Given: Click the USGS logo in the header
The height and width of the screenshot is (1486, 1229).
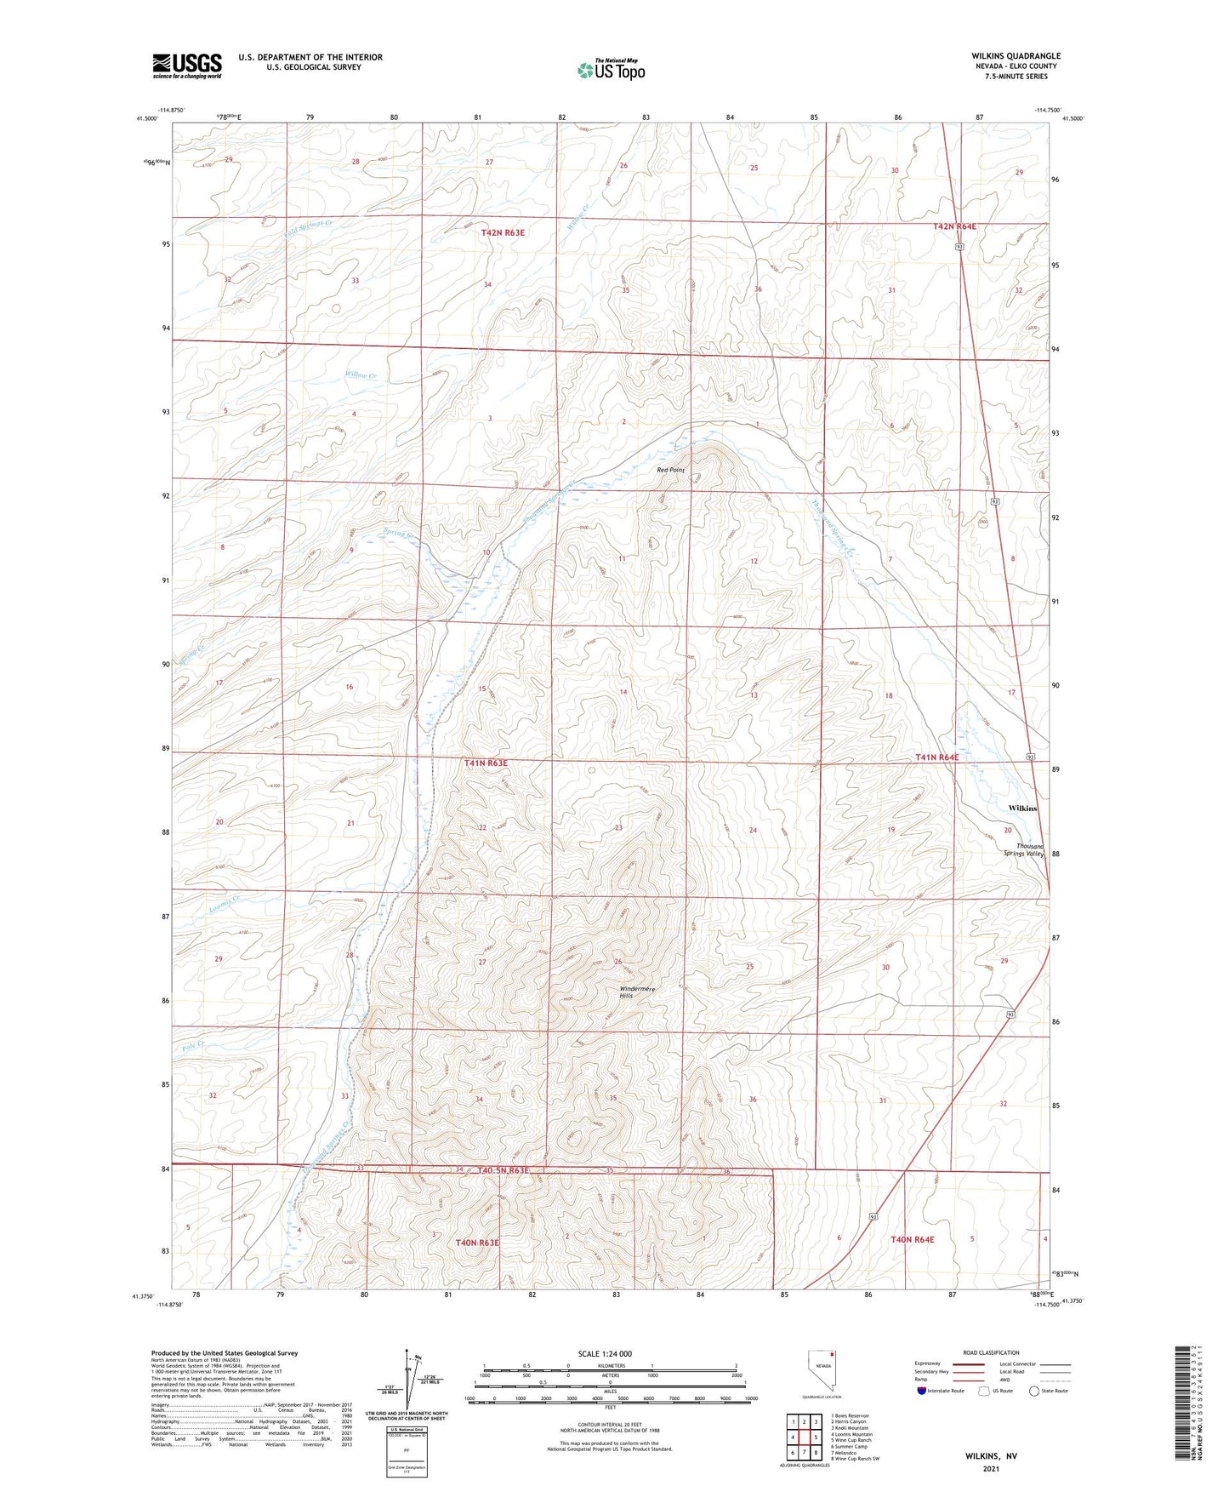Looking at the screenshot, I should [186, 66].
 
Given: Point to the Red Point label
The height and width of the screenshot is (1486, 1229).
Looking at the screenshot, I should [670, 470].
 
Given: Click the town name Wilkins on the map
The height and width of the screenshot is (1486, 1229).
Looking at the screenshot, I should [1021, 808].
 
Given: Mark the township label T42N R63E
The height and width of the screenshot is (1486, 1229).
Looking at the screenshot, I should [508, 231].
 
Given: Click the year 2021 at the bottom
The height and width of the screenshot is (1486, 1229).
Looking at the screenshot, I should [991, 1468].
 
